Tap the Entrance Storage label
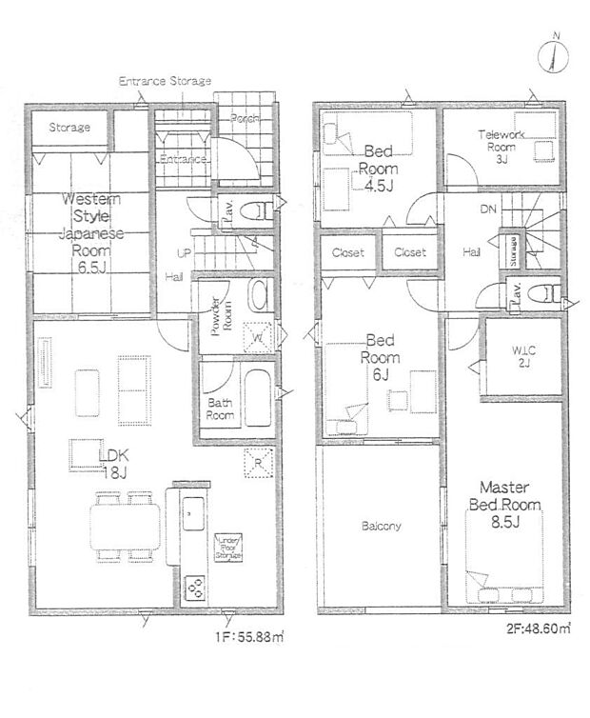click(x=165, y=82)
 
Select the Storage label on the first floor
click(x=69, y=127)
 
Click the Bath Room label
click(x=221, y=409)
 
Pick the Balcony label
click(x=381, y=526)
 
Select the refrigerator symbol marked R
click(x=259, y=462)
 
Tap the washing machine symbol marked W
click(x=259, y=336)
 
